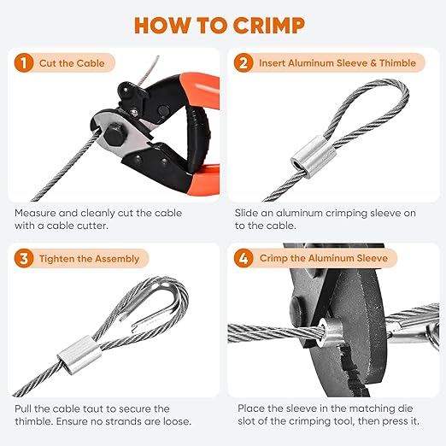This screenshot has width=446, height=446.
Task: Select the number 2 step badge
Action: pos(245,62)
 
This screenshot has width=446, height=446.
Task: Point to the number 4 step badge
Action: pos(245,258)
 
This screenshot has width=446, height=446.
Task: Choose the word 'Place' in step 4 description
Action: pos(253,409)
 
